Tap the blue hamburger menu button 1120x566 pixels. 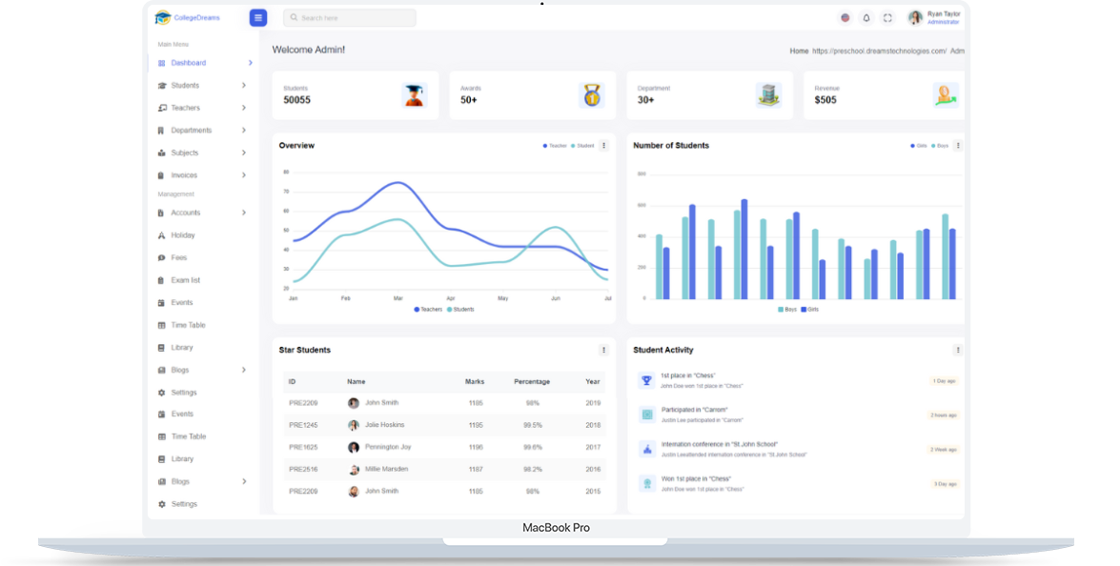[258, 17]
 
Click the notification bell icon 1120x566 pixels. [866, 18]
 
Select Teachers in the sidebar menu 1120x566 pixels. [185, 108]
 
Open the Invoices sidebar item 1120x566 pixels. [184, 175]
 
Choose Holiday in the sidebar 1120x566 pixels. [183, 235]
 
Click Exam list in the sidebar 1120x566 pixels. [185, 280]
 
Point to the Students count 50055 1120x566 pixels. [296, 100]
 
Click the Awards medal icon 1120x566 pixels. [592, 95]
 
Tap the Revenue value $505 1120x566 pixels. [825, 100]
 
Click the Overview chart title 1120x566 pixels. [296, 146]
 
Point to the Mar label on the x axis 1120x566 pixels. [398, 298]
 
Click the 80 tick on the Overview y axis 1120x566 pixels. [286, 172]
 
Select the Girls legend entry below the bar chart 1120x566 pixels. [810, 310]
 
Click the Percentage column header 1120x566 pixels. [532, 381]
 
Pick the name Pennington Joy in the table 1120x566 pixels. [388, 447]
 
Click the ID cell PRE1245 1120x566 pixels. [303, 425]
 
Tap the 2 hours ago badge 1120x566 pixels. [943, 415]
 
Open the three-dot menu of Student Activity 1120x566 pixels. [957, 350]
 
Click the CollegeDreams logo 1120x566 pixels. [188, 17]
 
